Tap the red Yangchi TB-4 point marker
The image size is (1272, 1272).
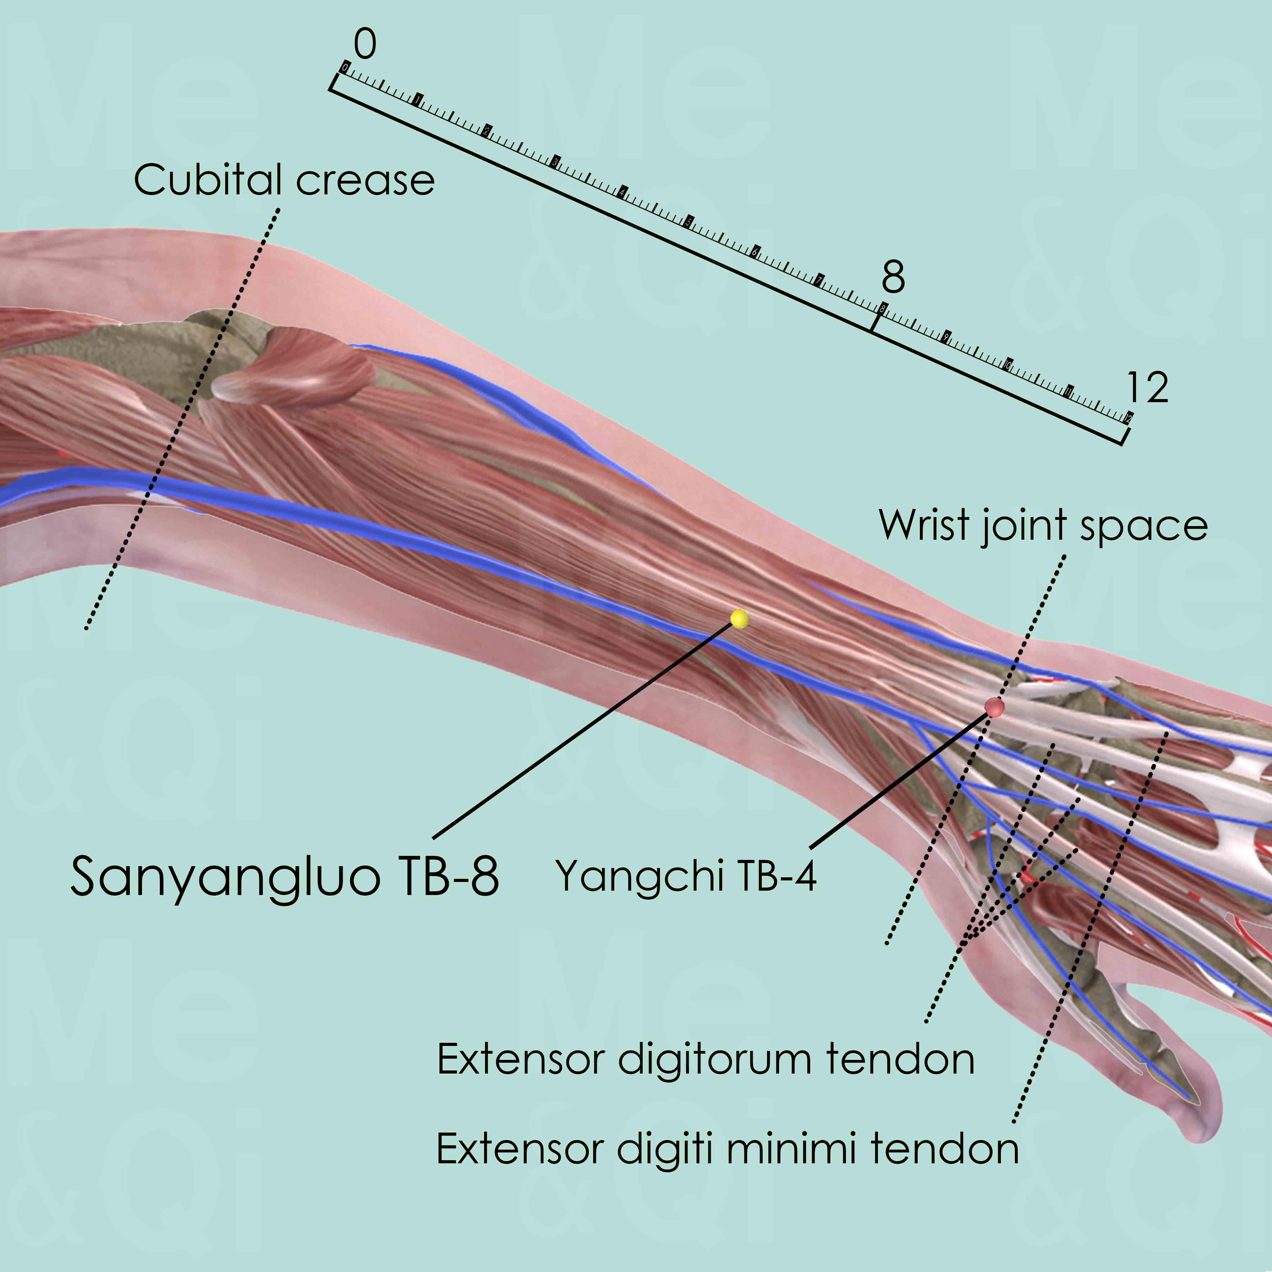pos(994,707)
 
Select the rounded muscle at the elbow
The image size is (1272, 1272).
pos(296,369)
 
